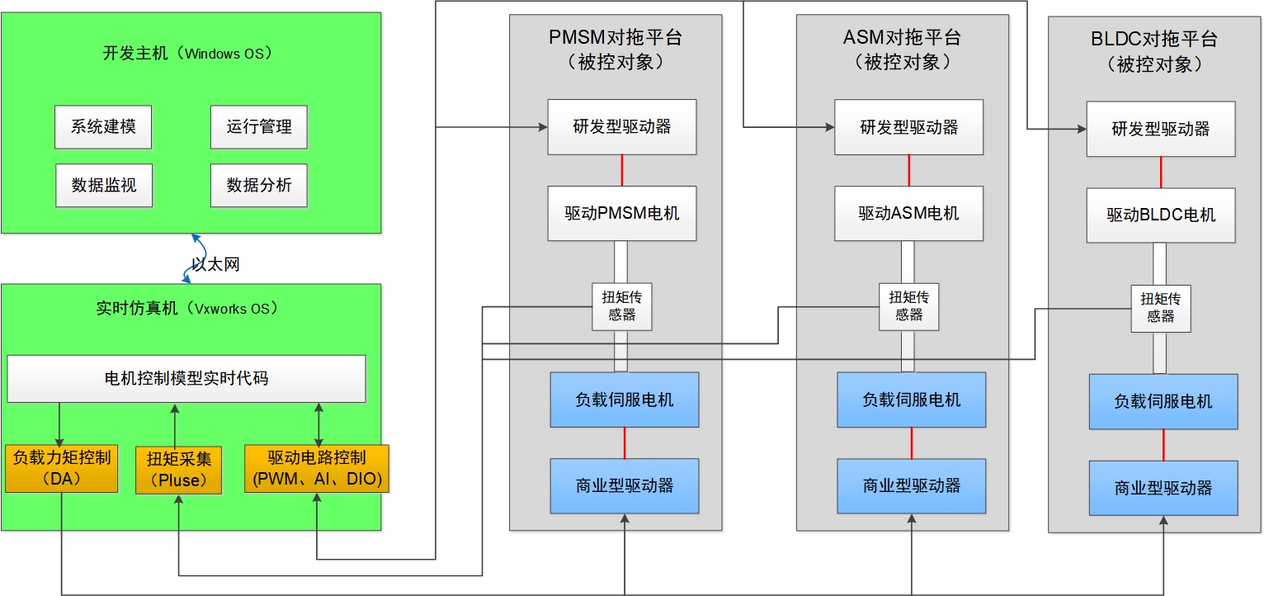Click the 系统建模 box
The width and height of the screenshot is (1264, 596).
103,127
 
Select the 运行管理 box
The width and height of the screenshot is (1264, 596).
259,127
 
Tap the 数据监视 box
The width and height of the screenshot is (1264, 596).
103,185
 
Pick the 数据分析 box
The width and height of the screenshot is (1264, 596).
259,185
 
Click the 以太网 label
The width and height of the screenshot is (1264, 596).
215,264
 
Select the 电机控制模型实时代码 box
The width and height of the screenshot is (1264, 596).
186,379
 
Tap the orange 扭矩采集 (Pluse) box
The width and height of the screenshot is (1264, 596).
179,469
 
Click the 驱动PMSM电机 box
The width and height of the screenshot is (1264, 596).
622,213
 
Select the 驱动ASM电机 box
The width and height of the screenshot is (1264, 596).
908,213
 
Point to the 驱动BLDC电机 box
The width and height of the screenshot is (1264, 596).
1161,215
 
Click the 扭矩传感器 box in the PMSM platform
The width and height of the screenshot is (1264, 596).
622,306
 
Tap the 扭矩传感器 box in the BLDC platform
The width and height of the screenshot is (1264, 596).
1161,308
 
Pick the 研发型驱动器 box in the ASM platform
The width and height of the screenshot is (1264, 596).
908,127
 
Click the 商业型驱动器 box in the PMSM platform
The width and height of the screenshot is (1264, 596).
625,485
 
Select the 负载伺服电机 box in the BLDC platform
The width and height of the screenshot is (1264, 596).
1163,401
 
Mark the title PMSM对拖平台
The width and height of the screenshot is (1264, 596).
615,38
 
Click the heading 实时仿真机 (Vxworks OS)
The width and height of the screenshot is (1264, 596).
187,309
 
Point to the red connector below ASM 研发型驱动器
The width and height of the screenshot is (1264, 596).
908,170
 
